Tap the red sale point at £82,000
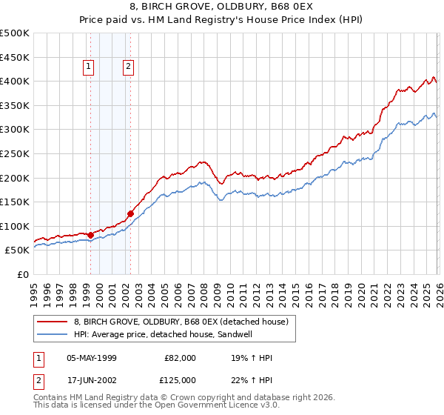click(x=90, y=235)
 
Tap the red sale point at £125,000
click(x=131, y=214)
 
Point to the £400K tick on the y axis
click(x=16, y=82)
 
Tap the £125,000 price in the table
click(x=180, y=380)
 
